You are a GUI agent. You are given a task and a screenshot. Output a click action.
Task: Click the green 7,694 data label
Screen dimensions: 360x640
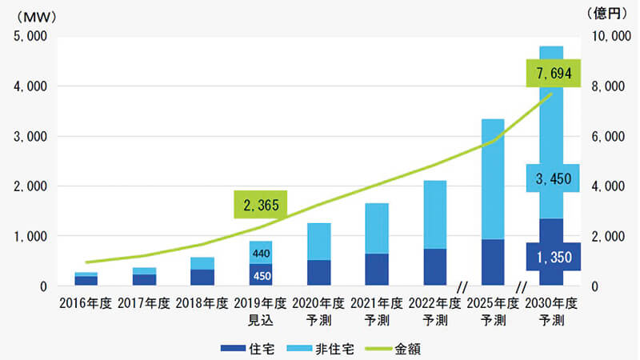(x=554, y=74)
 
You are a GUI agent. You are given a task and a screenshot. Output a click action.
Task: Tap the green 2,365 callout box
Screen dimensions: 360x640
(x=261, y=205)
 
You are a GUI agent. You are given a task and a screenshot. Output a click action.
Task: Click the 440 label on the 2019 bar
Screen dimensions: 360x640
(x=261, y=253)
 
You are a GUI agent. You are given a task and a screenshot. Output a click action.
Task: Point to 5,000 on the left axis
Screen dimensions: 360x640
(x=30, y=37)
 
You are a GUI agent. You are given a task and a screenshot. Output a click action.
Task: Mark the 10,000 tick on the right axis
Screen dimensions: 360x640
(x=610, y=37)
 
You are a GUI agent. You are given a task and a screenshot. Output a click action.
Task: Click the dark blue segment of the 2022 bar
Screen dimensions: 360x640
(x=435, y=267)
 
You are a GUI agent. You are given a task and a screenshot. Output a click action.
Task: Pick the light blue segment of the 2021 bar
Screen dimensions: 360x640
(x=377, y=229)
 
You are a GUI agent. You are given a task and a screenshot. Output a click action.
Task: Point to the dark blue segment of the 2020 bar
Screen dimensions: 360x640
(x=318, y=273)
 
